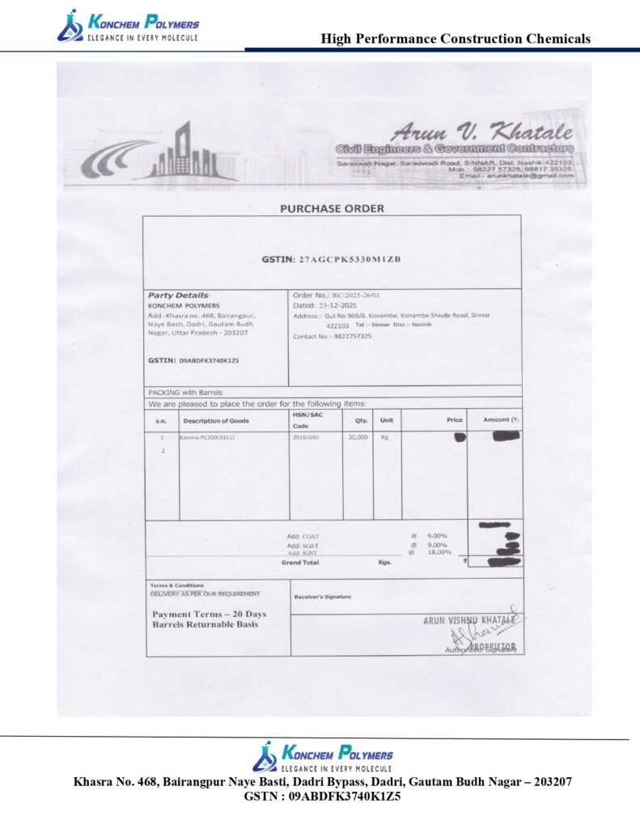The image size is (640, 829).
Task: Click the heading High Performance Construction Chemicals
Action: pos(456,38)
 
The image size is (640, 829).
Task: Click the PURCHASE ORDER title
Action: pos(332,208)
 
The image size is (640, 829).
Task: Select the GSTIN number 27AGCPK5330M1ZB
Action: pos(350,259)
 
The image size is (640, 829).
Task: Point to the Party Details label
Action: pos(178,295)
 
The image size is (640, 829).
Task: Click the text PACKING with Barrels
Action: pos(185,392)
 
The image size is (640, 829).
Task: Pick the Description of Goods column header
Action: pos(216,421)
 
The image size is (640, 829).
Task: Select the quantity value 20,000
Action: pos(358,437)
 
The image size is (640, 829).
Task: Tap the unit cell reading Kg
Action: pos(386,437)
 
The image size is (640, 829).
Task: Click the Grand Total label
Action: pos(300,562)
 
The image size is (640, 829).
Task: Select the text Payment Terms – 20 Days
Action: pos(209,614)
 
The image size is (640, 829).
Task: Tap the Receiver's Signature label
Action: pos(323,597)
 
